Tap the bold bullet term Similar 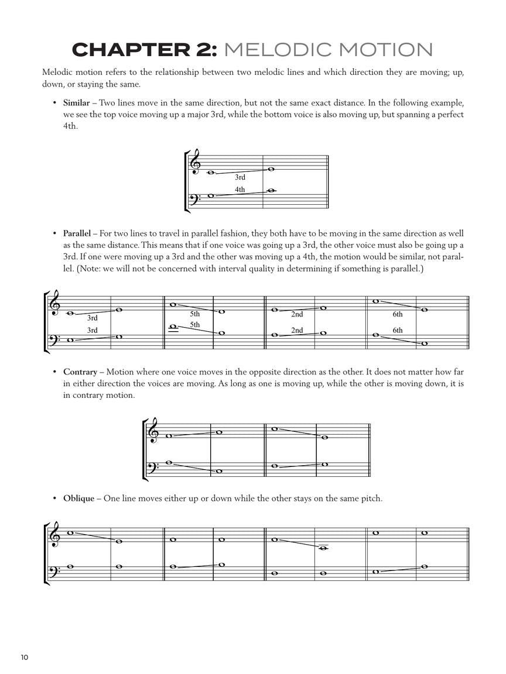(x=76, y=103)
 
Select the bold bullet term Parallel (x=77, y=233)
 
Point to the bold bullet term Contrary (x=80, y=372)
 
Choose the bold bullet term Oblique (x=78, y=498)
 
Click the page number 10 (x=24, y=657)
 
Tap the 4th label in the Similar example (x=240, y=190)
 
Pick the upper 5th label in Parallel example (x=194, y=314)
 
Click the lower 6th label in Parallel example (x=398, y=331)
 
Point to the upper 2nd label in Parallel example (x=297, y=314)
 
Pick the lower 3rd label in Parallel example (x=93, y=331)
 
